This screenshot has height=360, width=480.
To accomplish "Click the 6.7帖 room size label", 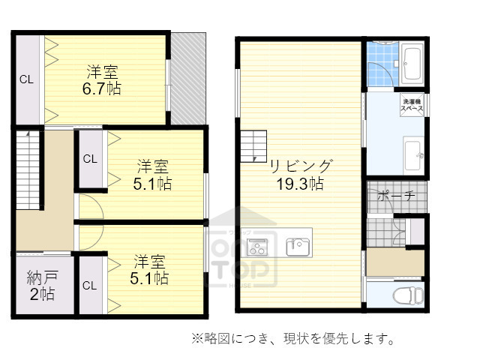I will point(102,88).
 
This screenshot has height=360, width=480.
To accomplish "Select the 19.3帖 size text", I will point(298,183).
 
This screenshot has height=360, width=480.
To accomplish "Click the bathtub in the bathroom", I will point(413,64).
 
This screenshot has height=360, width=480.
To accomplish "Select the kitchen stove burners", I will point(257,246).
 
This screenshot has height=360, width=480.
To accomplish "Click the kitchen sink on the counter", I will point(298,246).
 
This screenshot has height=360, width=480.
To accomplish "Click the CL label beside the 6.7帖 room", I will point(26,79).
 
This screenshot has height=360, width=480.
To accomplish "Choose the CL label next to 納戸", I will point(89,286).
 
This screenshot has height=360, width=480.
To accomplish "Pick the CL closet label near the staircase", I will point(89,158).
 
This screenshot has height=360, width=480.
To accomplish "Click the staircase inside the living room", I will point(253,142).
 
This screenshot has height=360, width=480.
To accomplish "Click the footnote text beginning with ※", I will point(293,340).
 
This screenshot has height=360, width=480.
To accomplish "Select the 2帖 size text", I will point(42,293).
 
